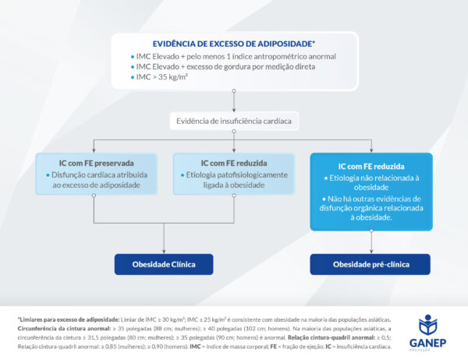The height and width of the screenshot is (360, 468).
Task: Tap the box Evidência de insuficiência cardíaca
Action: (232, 120)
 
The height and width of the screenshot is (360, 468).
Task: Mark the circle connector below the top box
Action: (233, 91)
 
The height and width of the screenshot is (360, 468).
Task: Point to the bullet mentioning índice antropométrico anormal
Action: (235, 57)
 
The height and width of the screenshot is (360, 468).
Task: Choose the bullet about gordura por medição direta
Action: (225, 67)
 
